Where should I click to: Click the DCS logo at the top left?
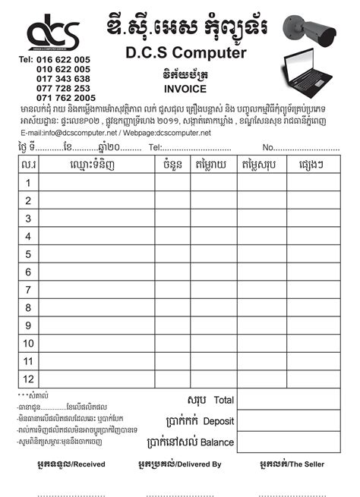click(52, 34)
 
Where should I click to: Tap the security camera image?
click(311, 30)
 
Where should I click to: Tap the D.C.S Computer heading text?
click(185, 54)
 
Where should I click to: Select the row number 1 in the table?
click(28, 183)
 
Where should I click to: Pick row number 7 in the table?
click(28, 289)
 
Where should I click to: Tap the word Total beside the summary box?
click(224, 400)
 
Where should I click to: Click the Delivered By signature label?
click(180, 464)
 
